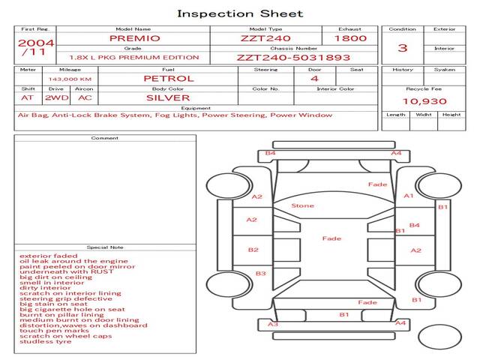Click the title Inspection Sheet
(239, 13)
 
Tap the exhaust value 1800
(350, 38)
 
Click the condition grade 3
(402, 48)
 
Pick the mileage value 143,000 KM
(70, 79)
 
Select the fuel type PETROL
(168, 78)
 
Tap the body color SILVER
(168, 97)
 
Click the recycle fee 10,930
(424, 101)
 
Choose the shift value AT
(27, 97)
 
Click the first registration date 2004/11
(35, 47)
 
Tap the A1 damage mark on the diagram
(409, 196)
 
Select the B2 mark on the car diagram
(253, 250)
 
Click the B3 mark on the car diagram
(260, 274)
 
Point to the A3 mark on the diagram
(273, 324)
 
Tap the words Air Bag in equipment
(31, 115)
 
